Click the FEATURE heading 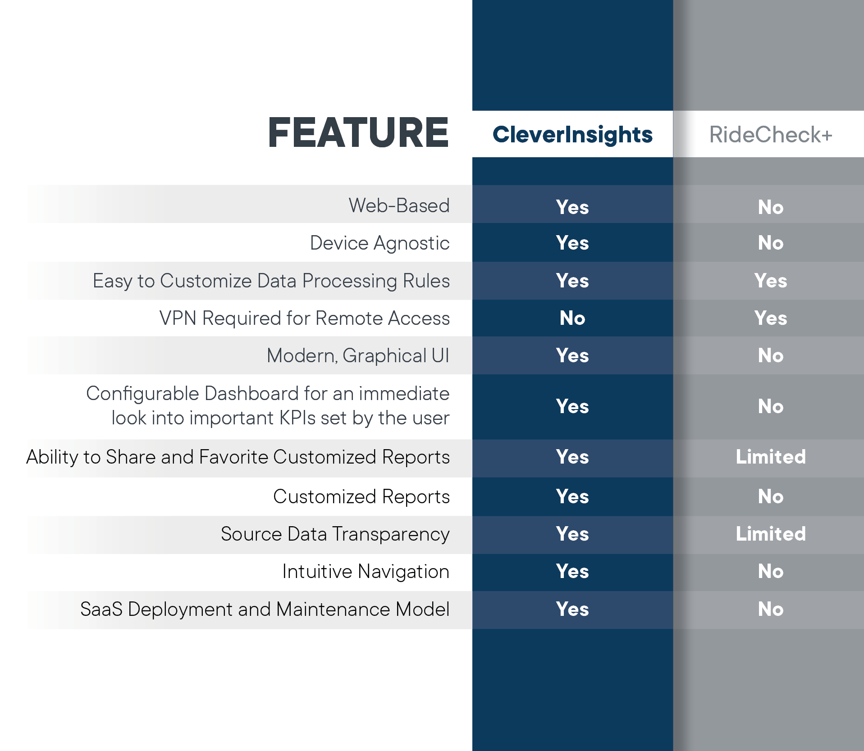[358, 132]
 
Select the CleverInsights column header [572, 135]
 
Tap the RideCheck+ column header [771, 135]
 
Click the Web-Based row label [399, 205]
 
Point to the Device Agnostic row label [379, 243]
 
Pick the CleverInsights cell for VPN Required [572, 318]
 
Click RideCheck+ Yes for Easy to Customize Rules [771, 281]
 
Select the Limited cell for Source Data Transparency [771, 534]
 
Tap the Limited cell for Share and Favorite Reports [771, 457]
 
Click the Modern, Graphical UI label [358, 356]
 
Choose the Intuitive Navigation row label [366, 572]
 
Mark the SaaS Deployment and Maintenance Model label [265, 609]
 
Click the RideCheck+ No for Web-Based [771, 207]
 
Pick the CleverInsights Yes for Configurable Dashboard [572, 406]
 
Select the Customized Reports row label [361, 496]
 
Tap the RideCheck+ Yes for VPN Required [771, 318]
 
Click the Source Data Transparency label [335, 534]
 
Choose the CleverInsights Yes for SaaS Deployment [572, 609]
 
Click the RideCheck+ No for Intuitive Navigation [771, 571]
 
